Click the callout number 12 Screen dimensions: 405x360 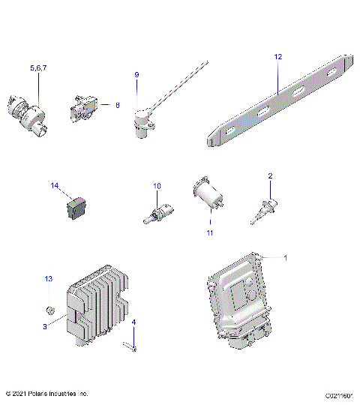pos(277,56)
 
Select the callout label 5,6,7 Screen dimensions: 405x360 pos(37,68)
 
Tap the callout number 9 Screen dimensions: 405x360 pos(137,75)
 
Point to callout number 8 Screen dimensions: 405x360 pos(117,106)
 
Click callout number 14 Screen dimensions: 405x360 pos(54,185)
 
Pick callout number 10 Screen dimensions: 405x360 pos(157,185)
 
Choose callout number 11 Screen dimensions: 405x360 pos(210,233)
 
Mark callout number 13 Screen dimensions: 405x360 pos(49,278)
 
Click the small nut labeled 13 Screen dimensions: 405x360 pos(50,310)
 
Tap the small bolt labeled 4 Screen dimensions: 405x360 pos(132,346)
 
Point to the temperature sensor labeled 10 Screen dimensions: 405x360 pos(155,213)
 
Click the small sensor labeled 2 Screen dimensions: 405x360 pos(262,210)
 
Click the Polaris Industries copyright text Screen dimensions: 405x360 pos(46,393)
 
